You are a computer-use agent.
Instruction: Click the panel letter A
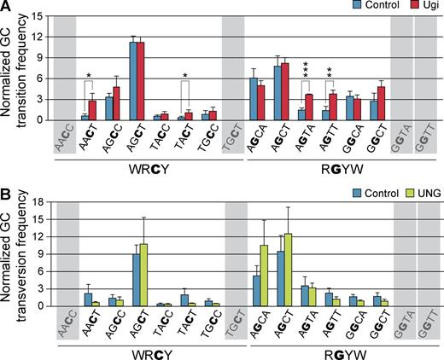[7, 7]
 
